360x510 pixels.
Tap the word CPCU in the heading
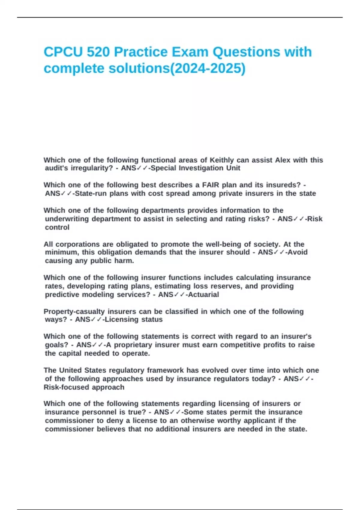63,52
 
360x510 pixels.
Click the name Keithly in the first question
222,160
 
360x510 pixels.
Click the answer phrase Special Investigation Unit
195,168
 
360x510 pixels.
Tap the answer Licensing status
134,319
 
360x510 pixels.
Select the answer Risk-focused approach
84,387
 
